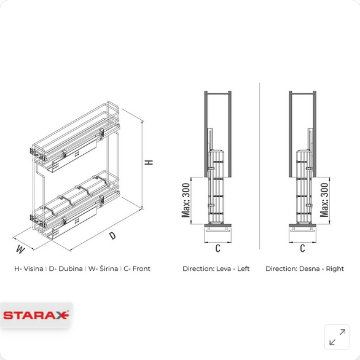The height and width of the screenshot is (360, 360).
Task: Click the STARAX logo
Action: pyautogui.click(x=36, y=315)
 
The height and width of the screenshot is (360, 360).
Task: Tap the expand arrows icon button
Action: pyautogui.click(x=337, y=337)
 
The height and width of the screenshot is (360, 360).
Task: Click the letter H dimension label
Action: pyautogui.click(x=149, y=162)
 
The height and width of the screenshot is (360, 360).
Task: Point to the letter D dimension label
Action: pyautogui.click(x=112, y=235)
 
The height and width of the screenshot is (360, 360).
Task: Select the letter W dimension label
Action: pyautogui.click(x=20, y=249)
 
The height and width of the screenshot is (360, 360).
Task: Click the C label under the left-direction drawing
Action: pyautogui.click(x=217, y=248)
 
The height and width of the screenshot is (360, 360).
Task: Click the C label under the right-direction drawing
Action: pyautogui.click(x=302, y=248)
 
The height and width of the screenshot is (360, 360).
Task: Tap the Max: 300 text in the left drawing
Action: pyautogui.click(x=186, y=200)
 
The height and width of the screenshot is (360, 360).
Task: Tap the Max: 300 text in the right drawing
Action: pyautogui.click(x=324, y=200)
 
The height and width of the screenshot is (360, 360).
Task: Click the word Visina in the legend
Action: pyautogui.click(x=33, y=268)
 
